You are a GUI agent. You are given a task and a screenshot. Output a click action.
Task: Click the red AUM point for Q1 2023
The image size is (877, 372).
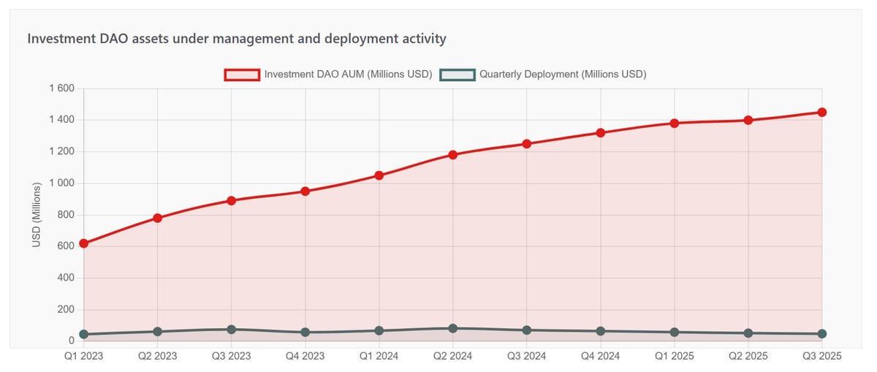83,243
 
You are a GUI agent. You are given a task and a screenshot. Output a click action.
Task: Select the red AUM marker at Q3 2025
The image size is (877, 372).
821,112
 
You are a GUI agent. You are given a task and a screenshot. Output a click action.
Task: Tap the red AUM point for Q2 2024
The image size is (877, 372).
452,154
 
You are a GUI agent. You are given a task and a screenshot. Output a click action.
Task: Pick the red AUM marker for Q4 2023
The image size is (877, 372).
305,191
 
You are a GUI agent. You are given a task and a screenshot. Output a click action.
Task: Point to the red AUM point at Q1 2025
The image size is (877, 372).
674,123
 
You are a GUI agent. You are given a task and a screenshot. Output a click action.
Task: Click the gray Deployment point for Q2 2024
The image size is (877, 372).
452,328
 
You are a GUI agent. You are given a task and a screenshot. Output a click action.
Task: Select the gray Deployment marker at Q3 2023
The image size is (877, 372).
231,330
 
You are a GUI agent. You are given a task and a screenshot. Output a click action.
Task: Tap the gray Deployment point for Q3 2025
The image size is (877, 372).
821,333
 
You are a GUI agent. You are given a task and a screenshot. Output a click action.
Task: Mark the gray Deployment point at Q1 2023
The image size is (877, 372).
83,334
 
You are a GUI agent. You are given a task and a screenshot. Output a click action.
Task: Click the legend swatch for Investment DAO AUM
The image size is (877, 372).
242,74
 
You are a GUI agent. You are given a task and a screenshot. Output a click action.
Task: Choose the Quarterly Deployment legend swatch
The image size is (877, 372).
457,74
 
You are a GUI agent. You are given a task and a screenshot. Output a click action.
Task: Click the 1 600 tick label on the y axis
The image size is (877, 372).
61,88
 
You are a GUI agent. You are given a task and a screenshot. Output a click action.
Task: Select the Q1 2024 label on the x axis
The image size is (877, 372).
379,356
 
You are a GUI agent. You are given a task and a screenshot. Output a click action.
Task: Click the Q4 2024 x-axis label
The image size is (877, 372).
600,356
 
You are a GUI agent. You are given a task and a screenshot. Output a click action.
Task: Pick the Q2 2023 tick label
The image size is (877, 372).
157,356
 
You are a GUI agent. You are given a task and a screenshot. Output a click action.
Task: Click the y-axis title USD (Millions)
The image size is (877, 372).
37,215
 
